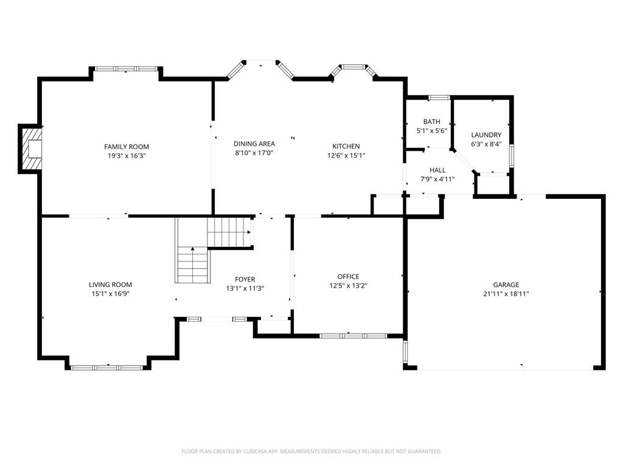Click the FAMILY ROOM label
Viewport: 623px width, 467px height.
tap(127, 147)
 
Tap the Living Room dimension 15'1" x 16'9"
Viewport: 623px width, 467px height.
tap(111, 294)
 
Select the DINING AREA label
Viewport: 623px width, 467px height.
tap(254, 144)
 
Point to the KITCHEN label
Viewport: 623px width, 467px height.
tap(346, 146)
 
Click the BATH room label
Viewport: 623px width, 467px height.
tap(431, 122)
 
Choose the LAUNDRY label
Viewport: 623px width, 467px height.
tap(486, 134)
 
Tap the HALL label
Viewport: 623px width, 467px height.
tap(437, 170)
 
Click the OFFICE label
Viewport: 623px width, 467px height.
tap(349, 277)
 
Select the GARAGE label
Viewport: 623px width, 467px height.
tap(506, 285)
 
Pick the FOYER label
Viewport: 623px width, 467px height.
tap(245, 279)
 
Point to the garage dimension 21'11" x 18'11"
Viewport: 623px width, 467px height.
tap(506, 294)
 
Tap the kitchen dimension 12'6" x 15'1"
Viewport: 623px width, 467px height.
tap(346, 156)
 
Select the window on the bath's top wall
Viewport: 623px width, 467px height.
tap(439, 97)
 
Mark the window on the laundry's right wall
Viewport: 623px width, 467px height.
tap(512, 156)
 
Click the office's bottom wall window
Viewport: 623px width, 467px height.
tap(353, 336)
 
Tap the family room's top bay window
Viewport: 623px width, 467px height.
tap(125, 69)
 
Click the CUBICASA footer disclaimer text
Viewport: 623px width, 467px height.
tap(311, 451)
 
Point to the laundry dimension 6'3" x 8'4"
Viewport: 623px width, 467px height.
tap(486, 144)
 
